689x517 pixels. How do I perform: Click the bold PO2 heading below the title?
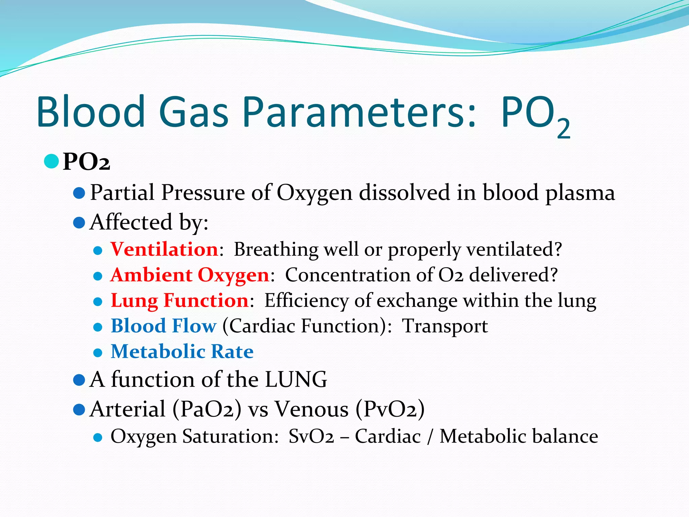coord(86,162)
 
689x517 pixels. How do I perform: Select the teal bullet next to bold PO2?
coord(51,161)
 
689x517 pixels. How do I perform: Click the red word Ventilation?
coord(165,249)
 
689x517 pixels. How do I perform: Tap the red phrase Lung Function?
coord(180,300)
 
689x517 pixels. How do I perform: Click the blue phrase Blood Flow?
coord(164,326)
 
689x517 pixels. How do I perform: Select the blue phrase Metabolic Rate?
coord(182,351)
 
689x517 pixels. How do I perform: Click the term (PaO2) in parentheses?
coord(207,410)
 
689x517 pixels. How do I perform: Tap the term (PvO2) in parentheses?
coord(390,410)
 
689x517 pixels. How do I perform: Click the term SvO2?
coord(311,437)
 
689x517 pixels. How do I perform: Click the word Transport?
coord(445,326)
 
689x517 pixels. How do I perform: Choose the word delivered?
coord(513,275)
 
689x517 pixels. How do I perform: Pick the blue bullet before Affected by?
coord(79,223)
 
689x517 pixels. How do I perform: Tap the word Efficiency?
coord(306,300)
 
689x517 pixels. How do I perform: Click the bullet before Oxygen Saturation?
coord(98,437)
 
